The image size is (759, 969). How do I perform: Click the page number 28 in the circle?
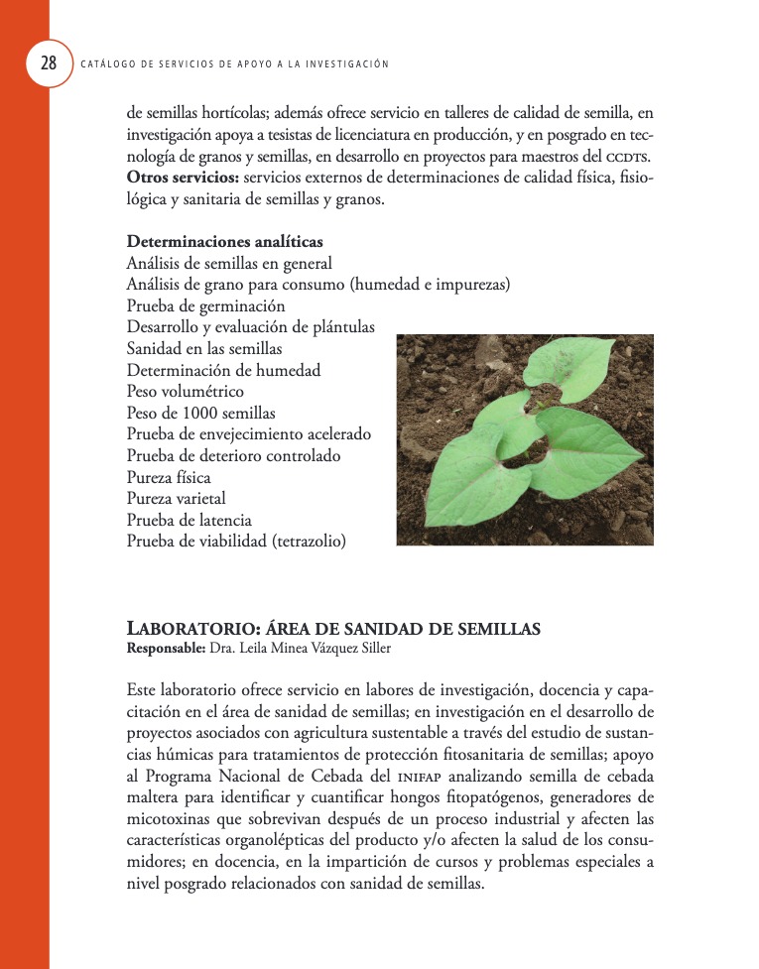[48, 64]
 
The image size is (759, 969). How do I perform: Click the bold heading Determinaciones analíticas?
[224, 242]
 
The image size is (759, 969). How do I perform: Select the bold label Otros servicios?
[183, 178]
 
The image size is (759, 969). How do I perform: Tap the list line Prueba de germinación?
[205, 306]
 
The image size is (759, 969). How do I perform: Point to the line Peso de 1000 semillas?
[200, 414]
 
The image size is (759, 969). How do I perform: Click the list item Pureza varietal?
[176, 499]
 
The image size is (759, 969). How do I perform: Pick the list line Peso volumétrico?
[185, 392]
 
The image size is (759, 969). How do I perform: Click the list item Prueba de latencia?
[189, 520]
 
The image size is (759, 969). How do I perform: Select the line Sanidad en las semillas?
[204, 349]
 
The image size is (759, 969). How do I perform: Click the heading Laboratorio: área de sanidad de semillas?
[333, 629]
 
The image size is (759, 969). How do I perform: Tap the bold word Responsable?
[164, 649]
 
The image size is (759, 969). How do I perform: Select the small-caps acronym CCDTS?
[627, 157]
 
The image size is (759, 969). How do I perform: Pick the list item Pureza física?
[169, 477]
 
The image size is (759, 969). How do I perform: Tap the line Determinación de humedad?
[223, 371]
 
